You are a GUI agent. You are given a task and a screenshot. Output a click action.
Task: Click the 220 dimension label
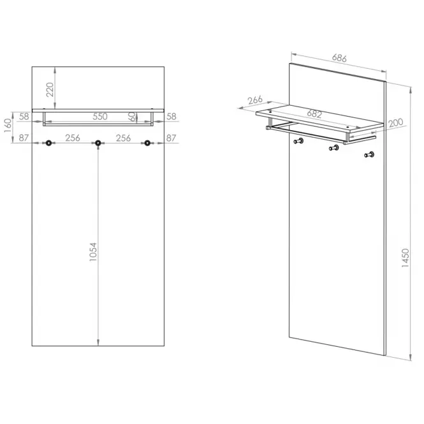(x=50, y=89)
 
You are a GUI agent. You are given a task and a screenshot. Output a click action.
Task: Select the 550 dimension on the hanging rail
(x=100, y=117)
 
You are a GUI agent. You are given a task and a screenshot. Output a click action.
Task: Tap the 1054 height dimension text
(x=93, y=252)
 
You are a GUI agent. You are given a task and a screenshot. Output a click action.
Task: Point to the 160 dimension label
(x=8, y=126)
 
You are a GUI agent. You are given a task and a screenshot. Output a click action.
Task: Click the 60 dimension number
(x=132, y=117)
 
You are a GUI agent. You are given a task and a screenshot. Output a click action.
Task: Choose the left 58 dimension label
(x=24, y=117)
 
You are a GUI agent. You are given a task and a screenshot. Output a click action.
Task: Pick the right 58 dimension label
(x=172, y=117)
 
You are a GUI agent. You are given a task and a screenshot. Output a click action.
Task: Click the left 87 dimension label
(x=24, y=138)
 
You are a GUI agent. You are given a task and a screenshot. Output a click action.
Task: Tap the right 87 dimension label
(x=171, y=138)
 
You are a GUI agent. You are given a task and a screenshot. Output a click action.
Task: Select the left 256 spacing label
(x=73, y=138)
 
